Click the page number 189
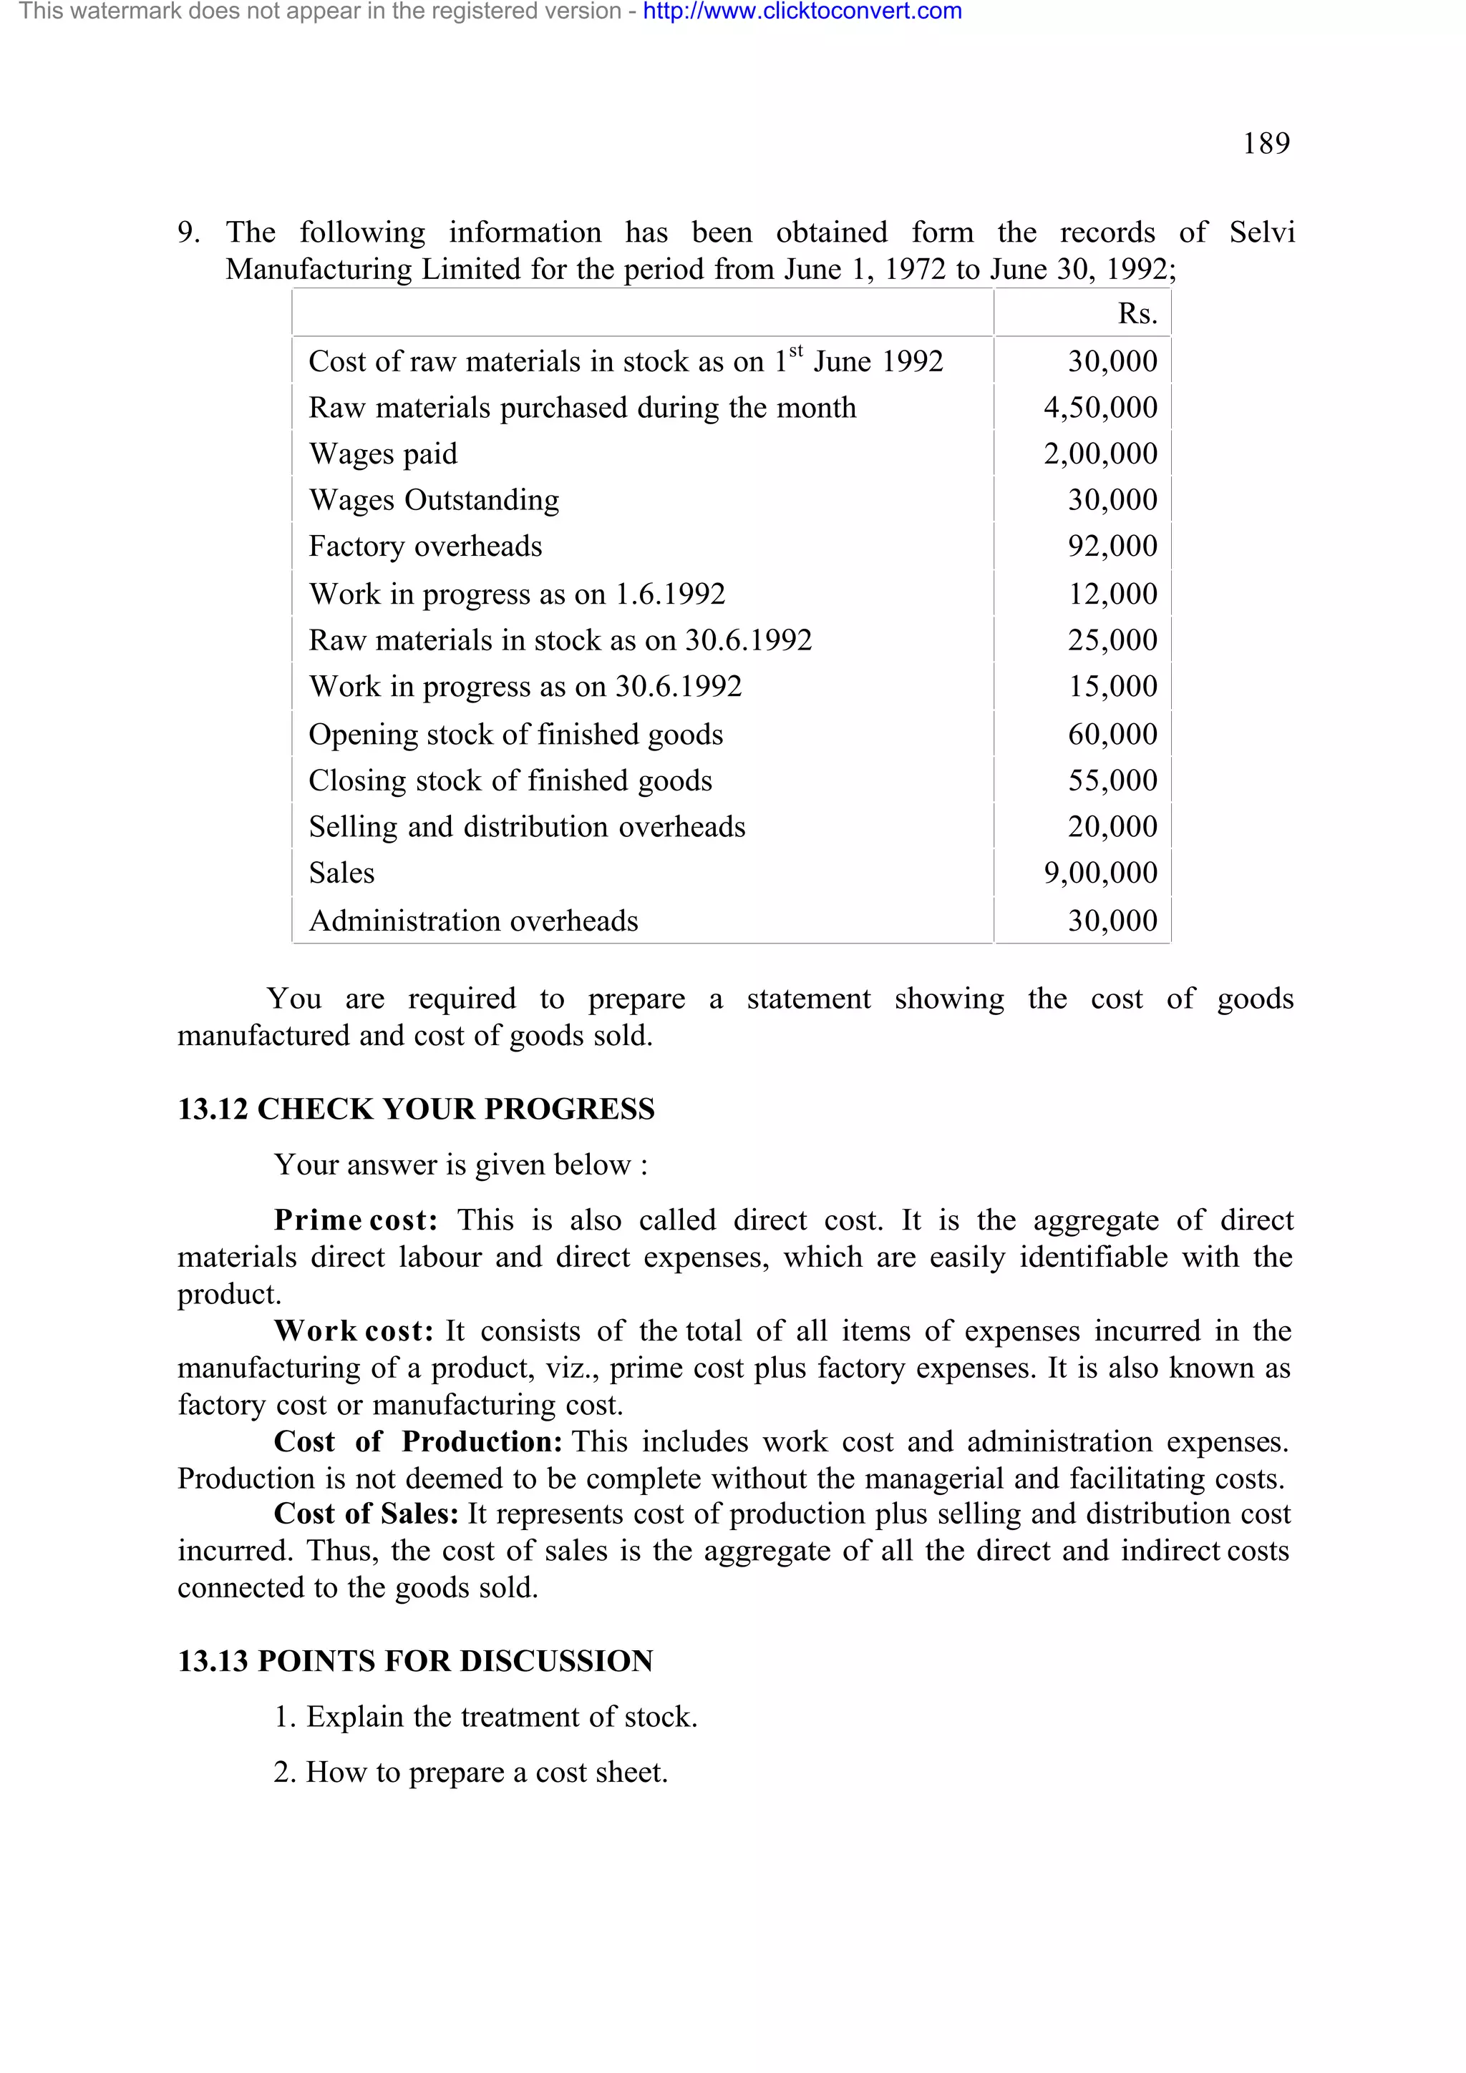point(1266,144)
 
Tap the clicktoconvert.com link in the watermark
point(802,11)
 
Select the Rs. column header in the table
point(1136,313)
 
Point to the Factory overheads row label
point(425,547)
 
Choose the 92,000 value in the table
point(1112,547)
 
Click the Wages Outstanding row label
point(434,500)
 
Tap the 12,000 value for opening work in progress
point(1112,594)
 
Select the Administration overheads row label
point(473,921)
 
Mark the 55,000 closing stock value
point(1112,781)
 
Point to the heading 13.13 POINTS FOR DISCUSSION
point(414,1661)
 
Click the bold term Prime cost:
point(356,1220)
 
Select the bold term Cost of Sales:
point(366,1513)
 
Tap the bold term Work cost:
point(353,1330)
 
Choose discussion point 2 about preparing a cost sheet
point(470,1773)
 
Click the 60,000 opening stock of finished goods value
point(1112,735)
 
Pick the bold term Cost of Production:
point(418,1442)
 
